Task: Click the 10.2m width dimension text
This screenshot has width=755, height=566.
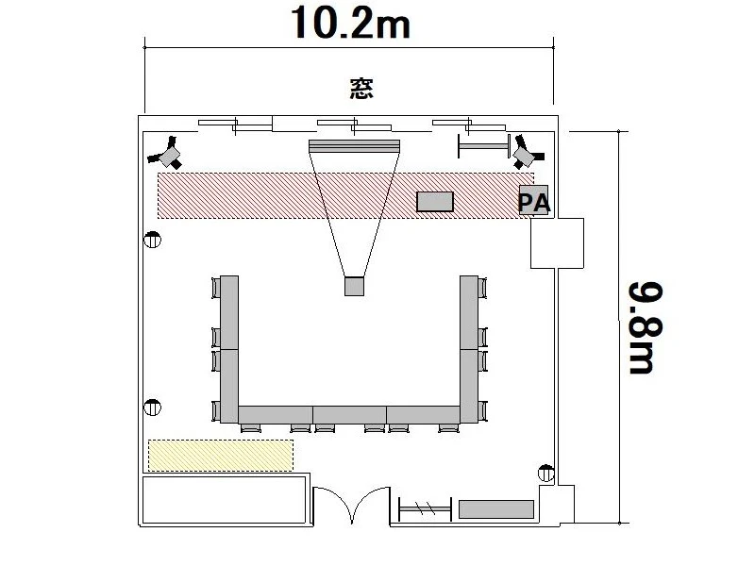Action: (350, 23)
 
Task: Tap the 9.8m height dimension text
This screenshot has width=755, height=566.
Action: (646, 327)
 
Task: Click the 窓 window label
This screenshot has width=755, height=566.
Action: (361, 89)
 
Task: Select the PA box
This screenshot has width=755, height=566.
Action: (533, 200)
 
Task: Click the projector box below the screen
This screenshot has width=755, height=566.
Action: (354, 286)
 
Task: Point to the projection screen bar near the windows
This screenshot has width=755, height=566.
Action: (354, 146)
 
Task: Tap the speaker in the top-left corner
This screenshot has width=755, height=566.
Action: (166, 154)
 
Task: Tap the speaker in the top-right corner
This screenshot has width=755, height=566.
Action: (528, 152)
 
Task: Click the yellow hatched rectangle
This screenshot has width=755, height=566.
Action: (221, 455)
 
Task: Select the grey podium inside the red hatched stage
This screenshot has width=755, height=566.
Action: (435, 201)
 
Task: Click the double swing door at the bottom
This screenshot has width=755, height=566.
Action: (351, 506)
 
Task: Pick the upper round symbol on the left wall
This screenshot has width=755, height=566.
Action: (153, 240)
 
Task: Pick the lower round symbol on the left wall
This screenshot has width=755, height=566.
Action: (153, 408)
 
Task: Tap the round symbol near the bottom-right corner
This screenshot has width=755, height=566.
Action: (546, 474)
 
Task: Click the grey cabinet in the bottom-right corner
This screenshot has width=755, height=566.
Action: (496, 509)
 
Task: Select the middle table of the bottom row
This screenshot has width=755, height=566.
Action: (349, 414)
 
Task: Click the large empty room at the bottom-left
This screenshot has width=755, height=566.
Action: (225, 500)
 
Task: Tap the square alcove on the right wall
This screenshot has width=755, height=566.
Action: (557, 243)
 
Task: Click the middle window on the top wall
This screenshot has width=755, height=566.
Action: (354, 125)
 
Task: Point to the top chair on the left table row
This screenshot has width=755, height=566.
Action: (216, 288)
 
